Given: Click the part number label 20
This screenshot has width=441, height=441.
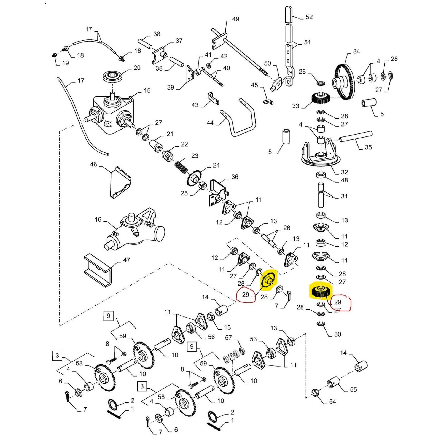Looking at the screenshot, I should (137, 68).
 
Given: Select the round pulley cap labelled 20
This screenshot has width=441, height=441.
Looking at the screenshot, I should (112, 76).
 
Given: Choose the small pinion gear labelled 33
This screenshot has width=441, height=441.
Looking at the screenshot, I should (321, 98).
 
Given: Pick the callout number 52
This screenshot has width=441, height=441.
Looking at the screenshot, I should (309, 17).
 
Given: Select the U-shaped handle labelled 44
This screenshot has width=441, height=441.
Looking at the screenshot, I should (243, 119).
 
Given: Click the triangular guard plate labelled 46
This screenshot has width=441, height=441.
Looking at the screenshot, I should (120, 182).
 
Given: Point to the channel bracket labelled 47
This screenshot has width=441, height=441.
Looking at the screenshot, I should (98, 270).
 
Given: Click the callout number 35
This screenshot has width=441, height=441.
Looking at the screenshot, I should (368, 147).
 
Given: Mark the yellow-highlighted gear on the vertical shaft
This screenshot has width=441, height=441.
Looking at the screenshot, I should (321, 291).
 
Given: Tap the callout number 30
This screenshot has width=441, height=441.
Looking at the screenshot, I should (338, 334).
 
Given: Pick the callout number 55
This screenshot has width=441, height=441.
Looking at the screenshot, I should (353, 389).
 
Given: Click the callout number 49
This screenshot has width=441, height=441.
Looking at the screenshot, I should (236, 19).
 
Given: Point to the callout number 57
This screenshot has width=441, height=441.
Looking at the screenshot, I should (228, 338).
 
